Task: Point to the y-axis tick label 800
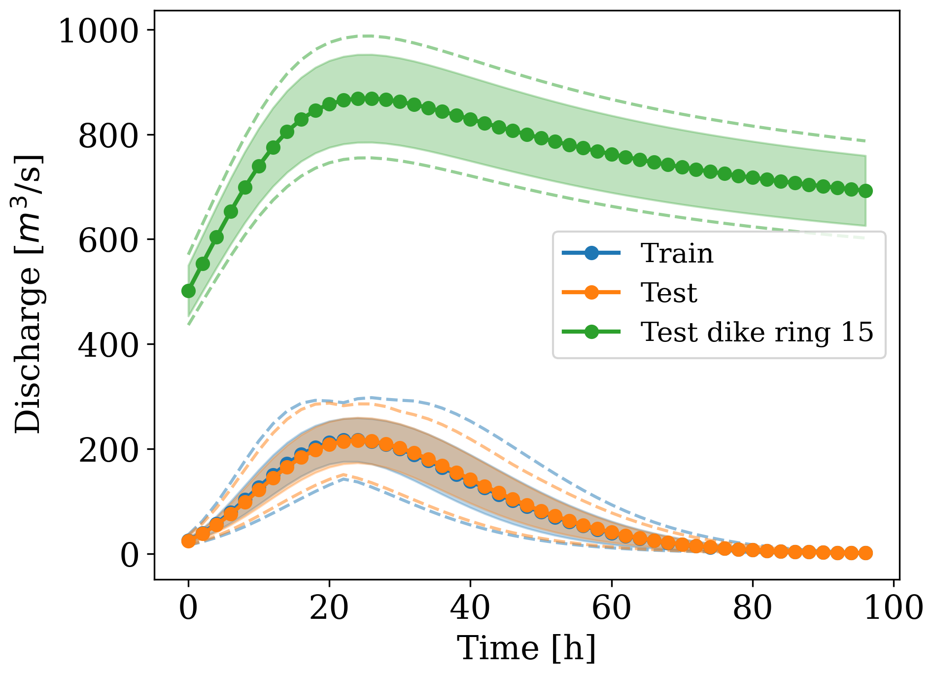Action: (107, 136)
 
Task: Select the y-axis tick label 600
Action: (107, 240)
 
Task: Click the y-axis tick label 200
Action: (107, 450)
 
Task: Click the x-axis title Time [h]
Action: (526, 648)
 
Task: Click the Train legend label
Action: (677, 254)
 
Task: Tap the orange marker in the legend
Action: (591, 293)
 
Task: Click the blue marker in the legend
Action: (591, 254)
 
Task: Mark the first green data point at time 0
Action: (188, 291)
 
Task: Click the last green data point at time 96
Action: (865, 191)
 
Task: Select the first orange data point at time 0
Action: (188, 541)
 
